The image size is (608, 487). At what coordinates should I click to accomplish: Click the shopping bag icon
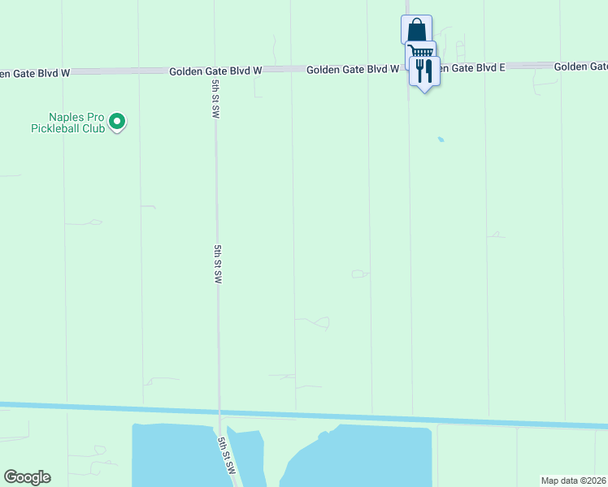pos(416,29)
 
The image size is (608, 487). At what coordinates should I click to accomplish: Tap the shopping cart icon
pos(421,54)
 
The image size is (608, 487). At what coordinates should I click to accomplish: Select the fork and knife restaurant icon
pos(423,72)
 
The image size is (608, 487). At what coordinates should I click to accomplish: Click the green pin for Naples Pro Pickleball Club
pos(117,122)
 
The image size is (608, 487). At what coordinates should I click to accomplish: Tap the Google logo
pos(27,477)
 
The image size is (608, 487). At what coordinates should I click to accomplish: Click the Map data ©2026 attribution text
pos(573,481)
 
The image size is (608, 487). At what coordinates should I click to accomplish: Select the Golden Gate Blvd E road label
pos(467,67)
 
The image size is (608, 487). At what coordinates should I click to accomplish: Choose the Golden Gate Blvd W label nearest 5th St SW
pos(215,71)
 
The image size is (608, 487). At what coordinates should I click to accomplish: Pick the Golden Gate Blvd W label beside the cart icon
pos(352,70)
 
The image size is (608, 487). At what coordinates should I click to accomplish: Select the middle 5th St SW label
pos(218,264)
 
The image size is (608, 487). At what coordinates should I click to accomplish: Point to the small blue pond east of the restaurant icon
pos(441,140)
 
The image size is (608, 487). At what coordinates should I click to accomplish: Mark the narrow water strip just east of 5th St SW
pos(248,455)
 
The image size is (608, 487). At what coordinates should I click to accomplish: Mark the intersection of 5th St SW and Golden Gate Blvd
pos(213,71)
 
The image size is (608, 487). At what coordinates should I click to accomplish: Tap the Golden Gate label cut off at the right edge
pos(580,66)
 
